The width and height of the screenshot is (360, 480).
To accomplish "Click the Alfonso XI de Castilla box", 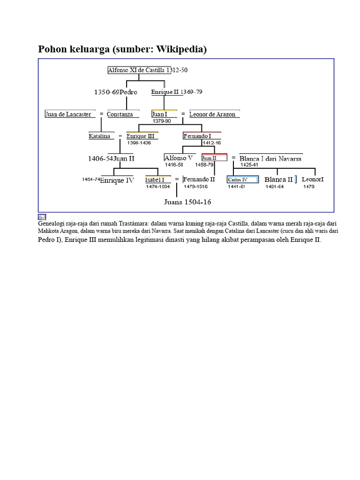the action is tap(139, 70).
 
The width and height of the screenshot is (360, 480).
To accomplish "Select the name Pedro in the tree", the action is tap(128, 92).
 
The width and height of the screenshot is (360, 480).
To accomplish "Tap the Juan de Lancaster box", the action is tap(70, 114).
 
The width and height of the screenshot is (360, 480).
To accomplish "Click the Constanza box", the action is tap(123, 114).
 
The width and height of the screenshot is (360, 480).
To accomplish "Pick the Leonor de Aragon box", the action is tap(214, 114).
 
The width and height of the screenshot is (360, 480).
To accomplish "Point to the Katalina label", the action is tap(99, 136).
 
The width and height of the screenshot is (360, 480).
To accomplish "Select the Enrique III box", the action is tap(142, 136).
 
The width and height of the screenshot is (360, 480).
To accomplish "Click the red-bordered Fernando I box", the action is tap(202, 135).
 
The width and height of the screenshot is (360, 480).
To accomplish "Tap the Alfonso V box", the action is tap(180, 157).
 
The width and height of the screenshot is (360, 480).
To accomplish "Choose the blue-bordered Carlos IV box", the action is tap(243, 180).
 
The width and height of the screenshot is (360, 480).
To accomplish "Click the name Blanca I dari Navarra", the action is tap(270, 158).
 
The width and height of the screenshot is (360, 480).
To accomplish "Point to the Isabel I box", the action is tap(157, 180).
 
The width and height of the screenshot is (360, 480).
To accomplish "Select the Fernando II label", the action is tap(199, 180).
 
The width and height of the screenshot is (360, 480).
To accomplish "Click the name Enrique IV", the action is tap(117, 180).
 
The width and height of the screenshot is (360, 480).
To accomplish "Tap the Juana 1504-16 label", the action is tap(187, 202).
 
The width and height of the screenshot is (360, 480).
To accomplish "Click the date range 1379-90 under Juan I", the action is tap(162, 121).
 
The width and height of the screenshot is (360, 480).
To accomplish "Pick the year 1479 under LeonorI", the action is tap(309, 187).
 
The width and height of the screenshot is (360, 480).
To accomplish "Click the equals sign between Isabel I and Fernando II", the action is tap(177, 179).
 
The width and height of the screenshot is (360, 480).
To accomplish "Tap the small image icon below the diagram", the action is tap(42, 217).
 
